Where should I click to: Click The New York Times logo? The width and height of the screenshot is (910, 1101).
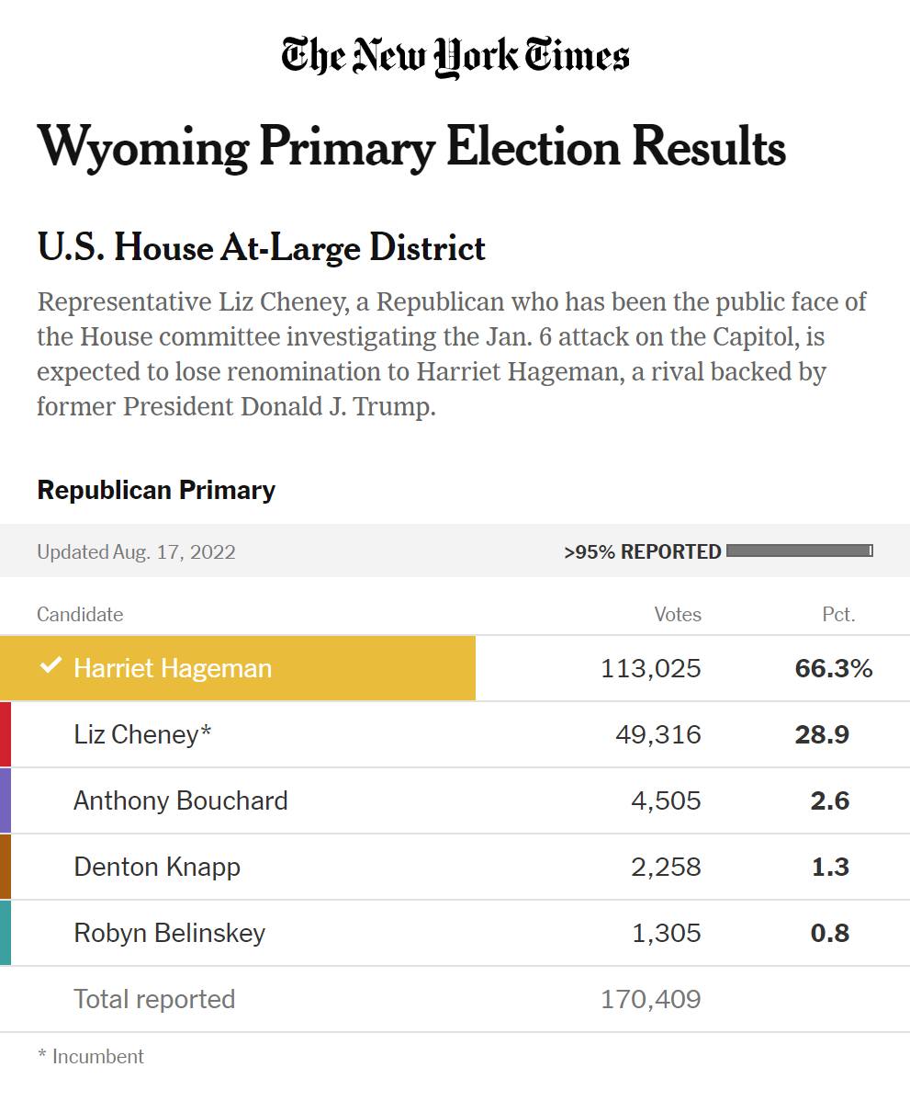(x=455, y=57)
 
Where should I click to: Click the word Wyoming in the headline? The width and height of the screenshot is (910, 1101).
(x=142, y=147)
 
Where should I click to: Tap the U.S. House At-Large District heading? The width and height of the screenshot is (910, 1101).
(x=262, y=248)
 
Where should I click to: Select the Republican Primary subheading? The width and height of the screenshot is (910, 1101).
(x=156, y=490)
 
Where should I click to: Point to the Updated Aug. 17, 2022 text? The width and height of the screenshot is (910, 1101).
(x=136, y=552)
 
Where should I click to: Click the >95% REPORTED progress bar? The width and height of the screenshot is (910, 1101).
(x=799, y=550)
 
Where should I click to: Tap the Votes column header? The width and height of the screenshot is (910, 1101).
(x=678, y=615)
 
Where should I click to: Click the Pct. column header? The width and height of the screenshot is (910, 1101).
(x=838, y=615)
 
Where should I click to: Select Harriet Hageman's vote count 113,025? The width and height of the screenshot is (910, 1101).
(x=651, y=668)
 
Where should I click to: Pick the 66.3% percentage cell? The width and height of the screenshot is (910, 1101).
(x=834, y=668)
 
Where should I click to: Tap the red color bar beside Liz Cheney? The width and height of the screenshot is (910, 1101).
(x=6, y=734)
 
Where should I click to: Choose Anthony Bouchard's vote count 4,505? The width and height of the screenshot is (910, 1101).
(x=666, y=800)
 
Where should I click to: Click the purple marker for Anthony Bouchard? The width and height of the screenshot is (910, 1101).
(x=6, y=800)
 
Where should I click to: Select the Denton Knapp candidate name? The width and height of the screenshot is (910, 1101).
(x=157, y=867)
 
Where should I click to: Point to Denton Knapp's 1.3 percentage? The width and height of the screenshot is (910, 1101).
(x=830, y=867)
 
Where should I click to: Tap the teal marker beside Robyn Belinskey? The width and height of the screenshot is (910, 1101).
(x=6, y=933)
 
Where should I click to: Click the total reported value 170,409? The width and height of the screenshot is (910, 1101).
(x=651, y=999)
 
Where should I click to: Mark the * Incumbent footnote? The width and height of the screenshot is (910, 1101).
(x=91, y=1057)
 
